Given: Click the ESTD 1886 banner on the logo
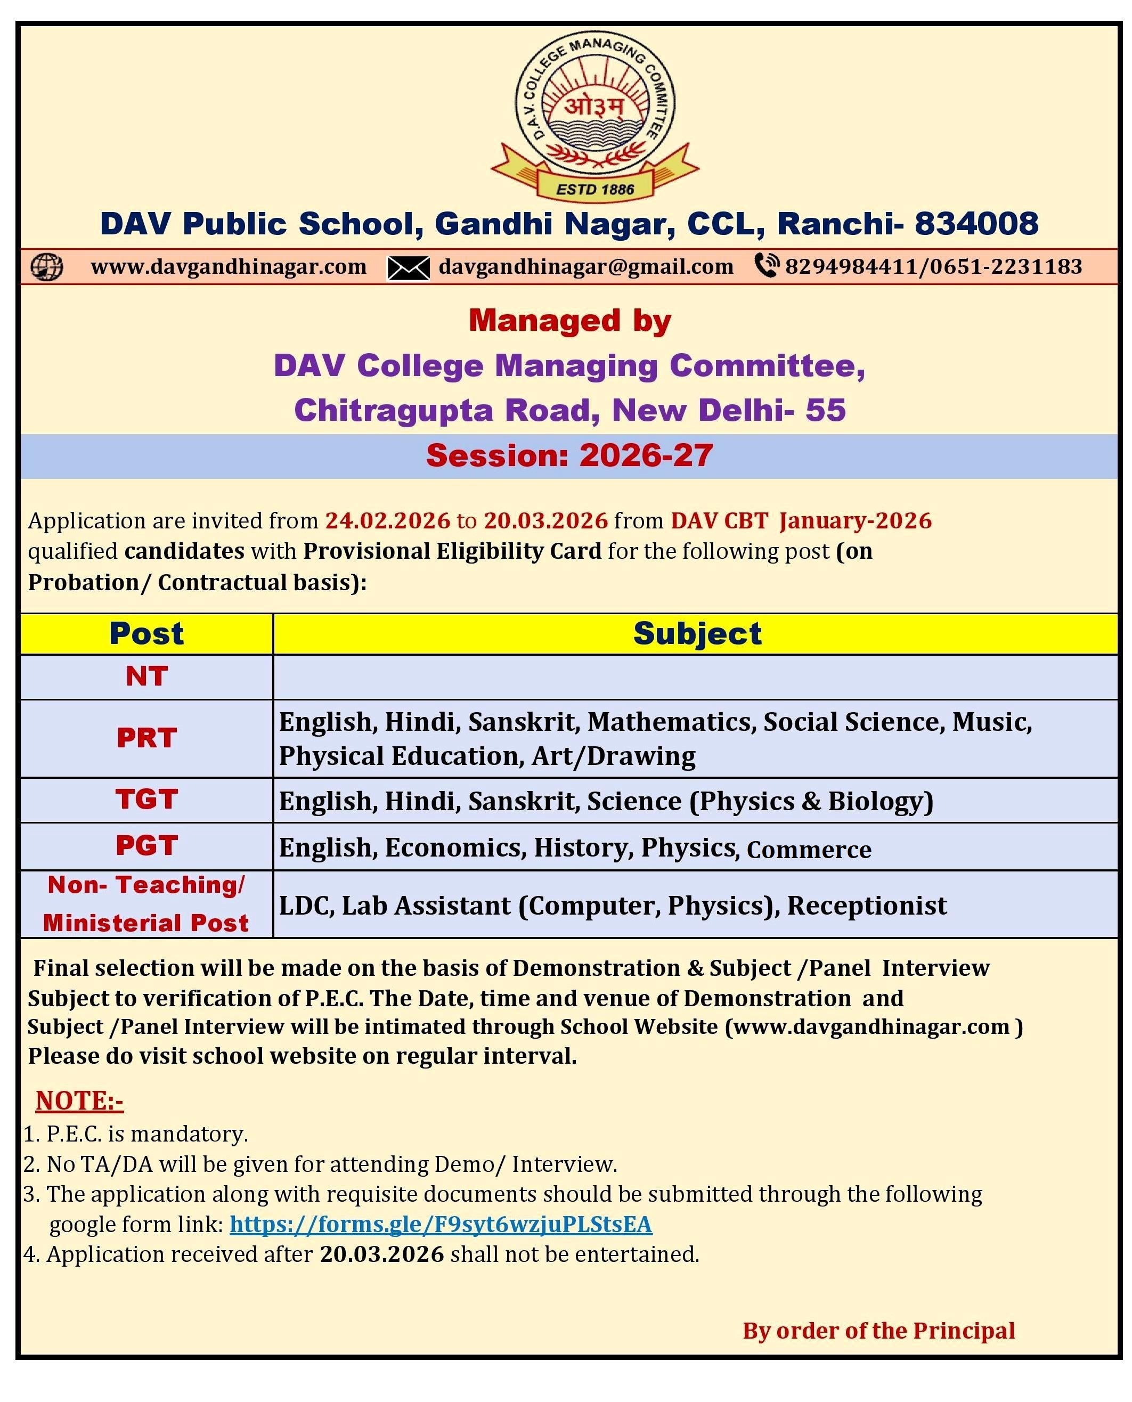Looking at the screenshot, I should click(x=594, y=190).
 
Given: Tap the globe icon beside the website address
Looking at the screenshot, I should click(x=47, y=267).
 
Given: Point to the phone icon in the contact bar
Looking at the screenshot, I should click(x=766, y=265).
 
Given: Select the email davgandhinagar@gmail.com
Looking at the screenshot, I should click(x=585, y=267).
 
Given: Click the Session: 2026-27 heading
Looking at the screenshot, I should click(x=569, y=455).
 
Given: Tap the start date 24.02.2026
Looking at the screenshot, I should click(x=387, y=520).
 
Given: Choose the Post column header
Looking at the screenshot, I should click(x=146, y=634).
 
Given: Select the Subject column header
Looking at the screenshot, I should click(x=697, y=634).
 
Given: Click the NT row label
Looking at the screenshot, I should click(x=146, y=676).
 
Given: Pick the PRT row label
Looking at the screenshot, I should click(x=146, y=738).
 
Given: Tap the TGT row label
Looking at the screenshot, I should click(x=146, y=800).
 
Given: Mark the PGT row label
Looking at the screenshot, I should click(x=146, y=846).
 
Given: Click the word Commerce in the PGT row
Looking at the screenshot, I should click(x=809, y=850).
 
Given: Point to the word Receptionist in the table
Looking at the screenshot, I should click(x=867, y=906).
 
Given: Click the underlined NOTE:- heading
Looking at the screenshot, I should click(x=79, y=1100).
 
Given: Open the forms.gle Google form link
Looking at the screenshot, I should click(x=441, y=1224).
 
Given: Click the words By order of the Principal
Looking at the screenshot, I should click(x=878, y=1330).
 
